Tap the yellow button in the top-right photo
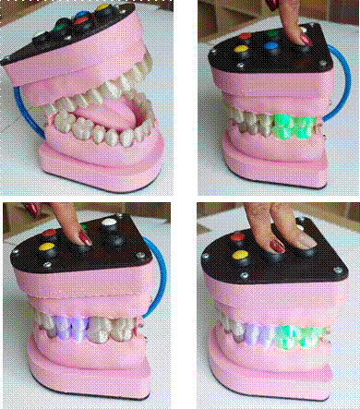pos(243,49)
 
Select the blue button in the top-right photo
pos(271,42)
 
